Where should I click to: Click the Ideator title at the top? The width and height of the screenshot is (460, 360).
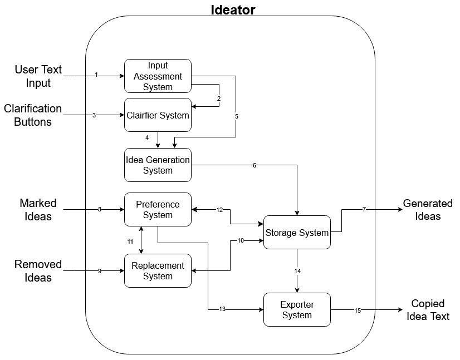click(x=233, y=9)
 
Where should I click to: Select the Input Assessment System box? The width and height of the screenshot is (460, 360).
click(x=158, y=76)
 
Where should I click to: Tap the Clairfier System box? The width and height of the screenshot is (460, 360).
click(x=158, y=115)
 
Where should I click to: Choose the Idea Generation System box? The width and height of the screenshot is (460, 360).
click(x=158, y=165)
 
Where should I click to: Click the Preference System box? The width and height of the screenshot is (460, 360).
click(x=158, y=210)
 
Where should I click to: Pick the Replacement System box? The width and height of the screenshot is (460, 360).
click(x=158, y=271)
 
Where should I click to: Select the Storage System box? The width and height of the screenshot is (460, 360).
click(x=297, y=233)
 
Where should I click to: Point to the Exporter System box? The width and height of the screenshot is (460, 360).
click(x=297, y=310)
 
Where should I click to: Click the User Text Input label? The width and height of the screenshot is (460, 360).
click(x=38, y=76)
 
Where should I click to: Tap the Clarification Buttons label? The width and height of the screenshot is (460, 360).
click(x=33, y=115)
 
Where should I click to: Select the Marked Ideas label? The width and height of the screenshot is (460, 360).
click(x=38, y=210)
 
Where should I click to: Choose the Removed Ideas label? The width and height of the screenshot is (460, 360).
click(x=38, y=271)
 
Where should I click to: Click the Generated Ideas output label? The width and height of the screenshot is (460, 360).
click(x=428, y=210)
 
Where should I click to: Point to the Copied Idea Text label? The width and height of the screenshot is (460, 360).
click(x=428, y=310)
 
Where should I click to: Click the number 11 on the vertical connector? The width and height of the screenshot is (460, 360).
click(x=130, y=241)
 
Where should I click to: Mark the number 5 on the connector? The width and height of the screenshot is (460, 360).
click(x=236, y=117)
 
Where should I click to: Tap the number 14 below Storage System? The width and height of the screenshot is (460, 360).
click(x=297, y=271)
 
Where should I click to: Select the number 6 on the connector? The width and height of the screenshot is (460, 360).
click(x=255, y=165)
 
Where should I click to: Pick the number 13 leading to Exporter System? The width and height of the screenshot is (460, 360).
click(x=222, y=309)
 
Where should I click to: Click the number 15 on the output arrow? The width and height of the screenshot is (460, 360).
click(x=358, y=310)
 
